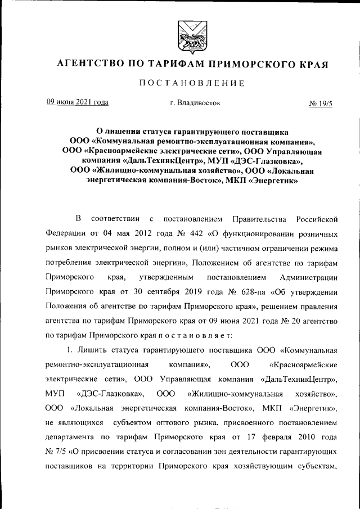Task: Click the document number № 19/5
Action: click(x=321, y=103)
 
